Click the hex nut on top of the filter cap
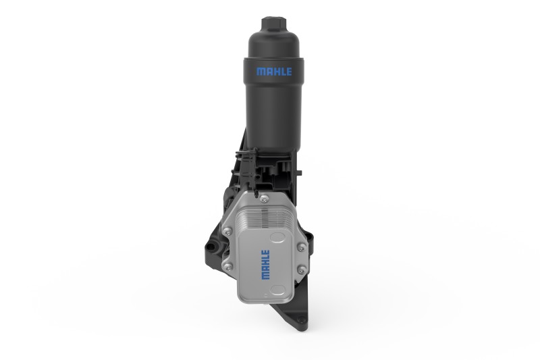274,24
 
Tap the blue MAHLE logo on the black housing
274,72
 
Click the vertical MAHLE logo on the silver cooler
265,265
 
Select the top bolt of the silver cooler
264,199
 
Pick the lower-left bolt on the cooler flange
227,265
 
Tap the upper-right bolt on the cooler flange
301,247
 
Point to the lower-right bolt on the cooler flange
301,269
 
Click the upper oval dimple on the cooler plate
278,236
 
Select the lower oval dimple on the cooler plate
277,289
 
